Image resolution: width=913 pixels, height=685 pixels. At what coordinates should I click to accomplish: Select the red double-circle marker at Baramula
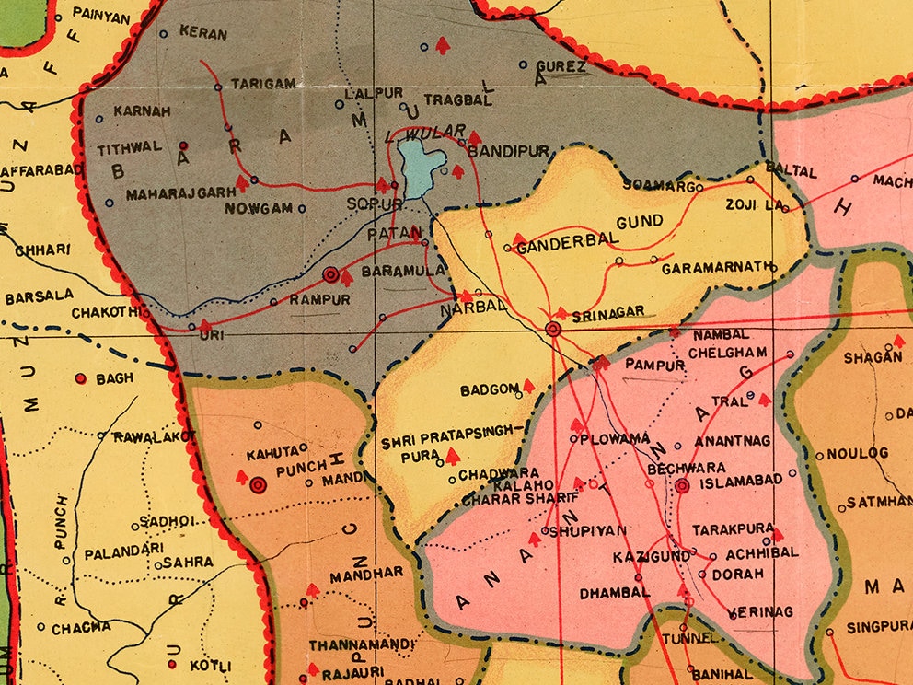[331, 273]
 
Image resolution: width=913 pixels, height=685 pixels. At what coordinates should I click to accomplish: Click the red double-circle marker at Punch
[258, 484]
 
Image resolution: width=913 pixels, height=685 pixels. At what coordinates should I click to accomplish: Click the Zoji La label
[753, 203]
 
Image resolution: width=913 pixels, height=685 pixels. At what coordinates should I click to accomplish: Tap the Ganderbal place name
[558, 248]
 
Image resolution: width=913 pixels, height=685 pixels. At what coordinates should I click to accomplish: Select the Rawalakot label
[156, 436]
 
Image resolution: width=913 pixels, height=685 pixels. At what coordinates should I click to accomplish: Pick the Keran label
[202, 34]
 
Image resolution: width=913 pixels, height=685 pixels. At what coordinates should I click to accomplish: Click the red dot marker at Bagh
[80, 378]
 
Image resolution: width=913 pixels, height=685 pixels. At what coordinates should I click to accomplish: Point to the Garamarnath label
[714, 267]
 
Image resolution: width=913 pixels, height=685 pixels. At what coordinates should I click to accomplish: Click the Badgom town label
[491, 389]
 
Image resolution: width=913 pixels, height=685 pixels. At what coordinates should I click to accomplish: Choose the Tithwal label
[130, 146]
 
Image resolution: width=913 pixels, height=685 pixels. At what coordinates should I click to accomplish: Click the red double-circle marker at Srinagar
[553, 329]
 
